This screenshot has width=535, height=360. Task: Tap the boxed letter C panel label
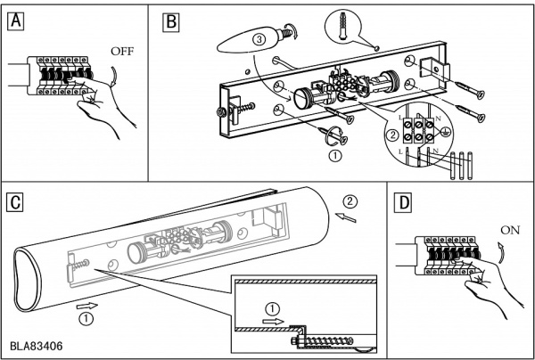tap(14, 200)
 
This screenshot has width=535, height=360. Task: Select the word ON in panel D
tap(511, 228)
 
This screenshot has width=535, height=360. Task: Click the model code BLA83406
tap(37, 343)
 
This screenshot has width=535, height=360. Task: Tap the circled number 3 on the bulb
tap(259, 40)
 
